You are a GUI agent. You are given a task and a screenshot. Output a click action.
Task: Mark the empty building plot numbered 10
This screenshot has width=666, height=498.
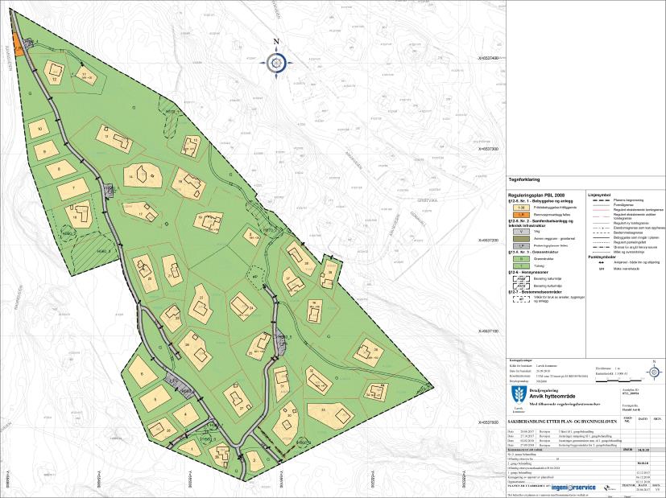coord(39,129)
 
